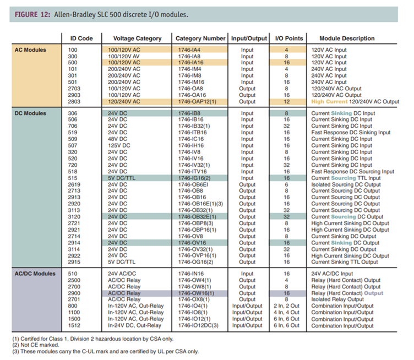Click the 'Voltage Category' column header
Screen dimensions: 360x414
pos(137,39)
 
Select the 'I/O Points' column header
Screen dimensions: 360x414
pos(289,39)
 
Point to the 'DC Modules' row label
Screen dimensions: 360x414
pos(31,113)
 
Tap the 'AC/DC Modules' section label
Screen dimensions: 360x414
pos(36,274)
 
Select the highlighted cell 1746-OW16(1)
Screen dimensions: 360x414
pos(196,293)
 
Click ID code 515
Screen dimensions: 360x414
pos(73,178)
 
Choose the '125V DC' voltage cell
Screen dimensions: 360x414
pos(121,146)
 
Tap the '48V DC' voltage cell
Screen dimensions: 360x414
pos(119,139)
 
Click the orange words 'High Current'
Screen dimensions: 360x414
pos(329,102)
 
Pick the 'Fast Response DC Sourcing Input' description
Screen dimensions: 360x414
pos(352,172)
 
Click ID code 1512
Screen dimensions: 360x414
pos(73,326)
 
